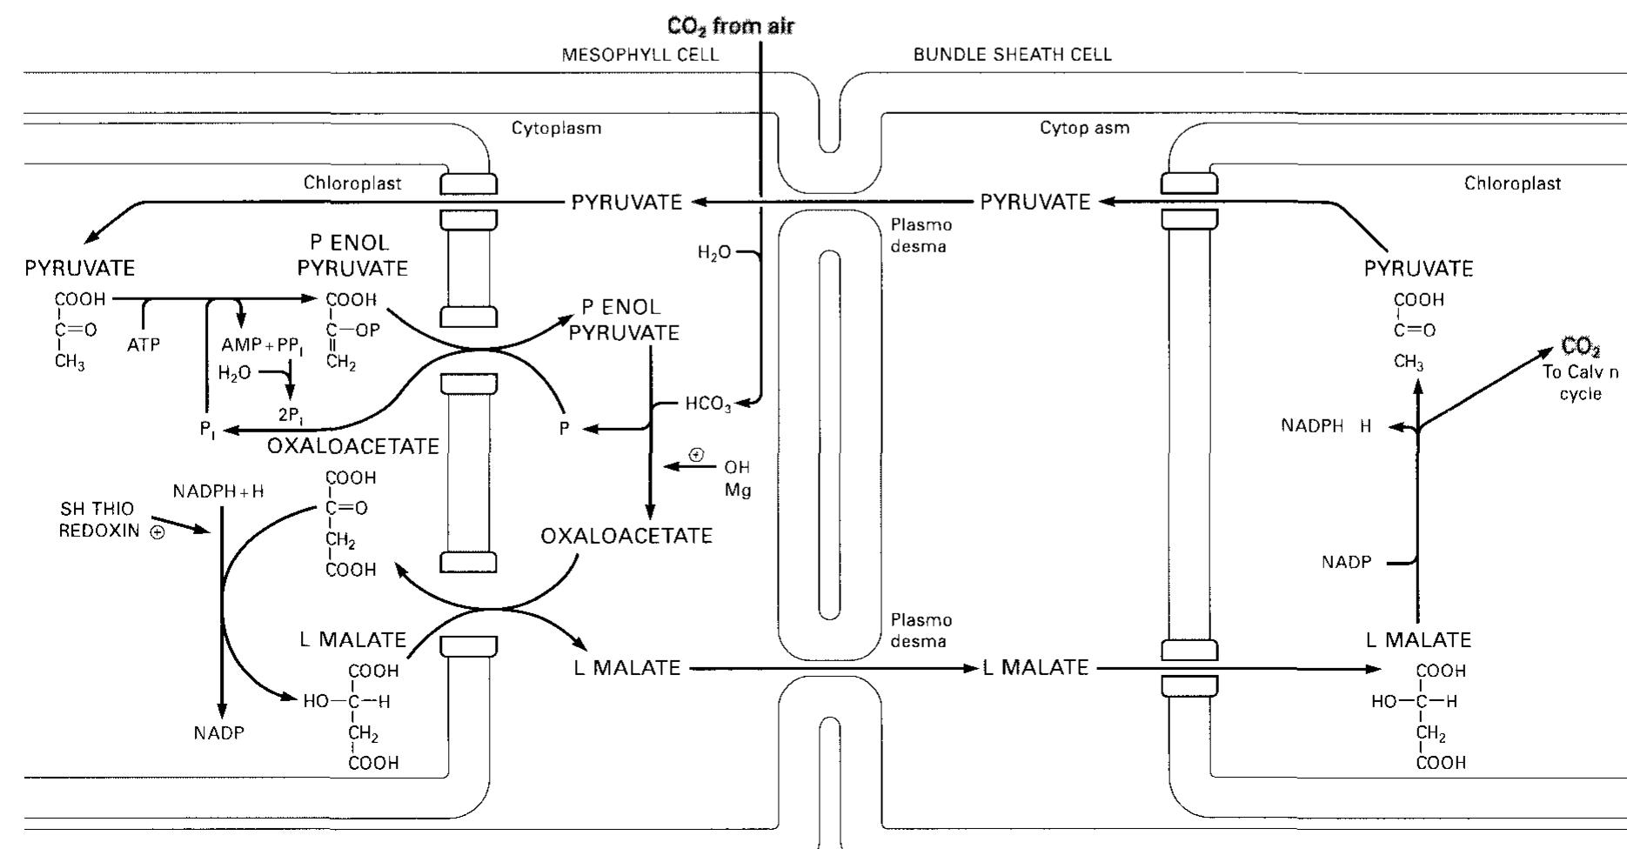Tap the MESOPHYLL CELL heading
coord(640,55)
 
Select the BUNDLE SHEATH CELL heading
coord(1012,55)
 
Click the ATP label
coord(144,345)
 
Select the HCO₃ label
coord(708,404)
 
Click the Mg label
coord(737,491)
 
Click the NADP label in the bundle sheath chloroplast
coord(1346,563)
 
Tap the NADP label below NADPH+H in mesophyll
coord(219,733)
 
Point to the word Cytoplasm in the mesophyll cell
coord(556,129)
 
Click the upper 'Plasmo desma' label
coord(921,236)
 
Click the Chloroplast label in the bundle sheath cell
coord(1512,184)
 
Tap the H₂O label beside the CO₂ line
coord(714,253)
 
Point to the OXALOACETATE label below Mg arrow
coord(626,536)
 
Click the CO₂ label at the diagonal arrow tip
coord(1580,348)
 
